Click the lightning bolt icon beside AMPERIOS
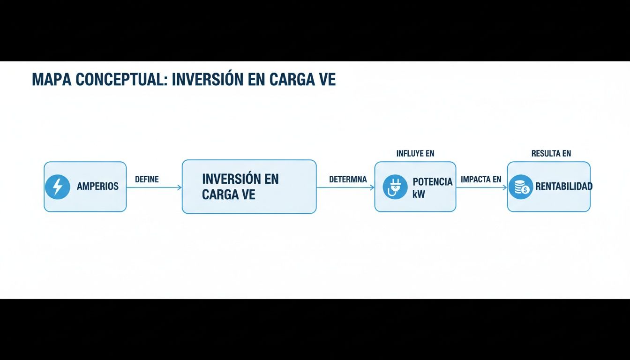click(x=57, y=187)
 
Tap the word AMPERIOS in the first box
click(x=97, y=187)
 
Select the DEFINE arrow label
click(x=147, y=180)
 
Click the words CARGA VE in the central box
click(x=228, y=195)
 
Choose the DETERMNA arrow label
click(x=348, y=180)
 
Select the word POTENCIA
click(x=432, y=182)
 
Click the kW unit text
click(x=419, y=194)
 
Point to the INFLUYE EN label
click(x=415, y=153)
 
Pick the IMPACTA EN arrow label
click(x=481, y=180)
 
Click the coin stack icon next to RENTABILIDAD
click(x=520, y=187)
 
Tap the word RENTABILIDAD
click(x=563, y=187)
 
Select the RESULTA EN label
click(x=551, y=153)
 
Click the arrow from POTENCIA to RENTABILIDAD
click(x=481, y=187)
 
